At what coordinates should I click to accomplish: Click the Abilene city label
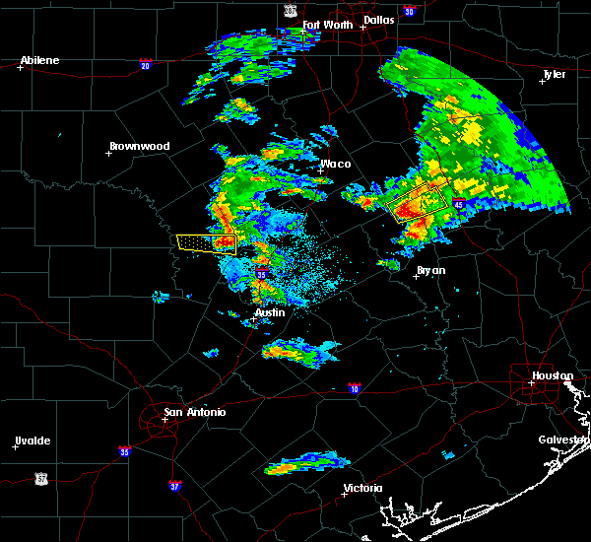[x=40, y=60]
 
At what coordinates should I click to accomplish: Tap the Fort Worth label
[x=326, y=25]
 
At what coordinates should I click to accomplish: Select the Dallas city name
[x=377, y=19]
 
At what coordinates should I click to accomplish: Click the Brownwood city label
[x=139, y=146]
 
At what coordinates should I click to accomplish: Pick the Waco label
[x=336, y=164]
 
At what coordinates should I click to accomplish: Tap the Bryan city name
[x=430, y=269]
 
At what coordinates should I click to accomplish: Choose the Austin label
[x=270, y=312]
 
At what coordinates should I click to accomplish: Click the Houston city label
[x=553, y=375]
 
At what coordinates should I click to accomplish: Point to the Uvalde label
[x=33, y=440]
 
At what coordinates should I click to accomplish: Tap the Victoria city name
[x=362, y=488]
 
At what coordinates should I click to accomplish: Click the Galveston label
[x=562, y=440]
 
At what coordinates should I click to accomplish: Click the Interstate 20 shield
[x=146, y=66]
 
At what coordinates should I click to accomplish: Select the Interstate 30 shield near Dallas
[x=409, y=12]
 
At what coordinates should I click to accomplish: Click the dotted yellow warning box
[x=206, y=242]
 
